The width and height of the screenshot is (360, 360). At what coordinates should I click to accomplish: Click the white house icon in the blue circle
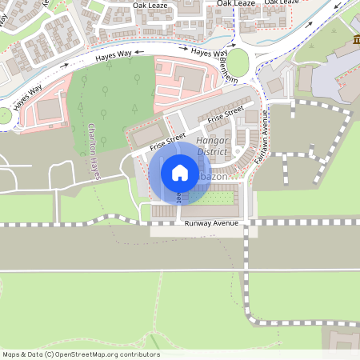pyautogui.click(x=180, y=172)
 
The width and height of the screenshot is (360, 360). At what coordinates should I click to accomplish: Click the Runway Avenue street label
pyautogui.click(x=211, y=223)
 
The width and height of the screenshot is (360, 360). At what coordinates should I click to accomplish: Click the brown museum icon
pyautogui.click(x=354, y=41)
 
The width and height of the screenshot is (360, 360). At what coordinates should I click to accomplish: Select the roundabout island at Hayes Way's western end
pyautogui.click(x=4, y=115)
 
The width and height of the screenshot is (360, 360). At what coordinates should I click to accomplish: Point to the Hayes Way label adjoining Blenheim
pyautogui.click(x=206, y=53)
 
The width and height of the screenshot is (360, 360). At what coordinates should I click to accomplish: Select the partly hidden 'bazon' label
pyautogui.click(x=213, y=175)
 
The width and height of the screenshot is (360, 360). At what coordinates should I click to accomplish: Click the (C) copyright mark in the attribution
pyautogui.click(x=49, y=354)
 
